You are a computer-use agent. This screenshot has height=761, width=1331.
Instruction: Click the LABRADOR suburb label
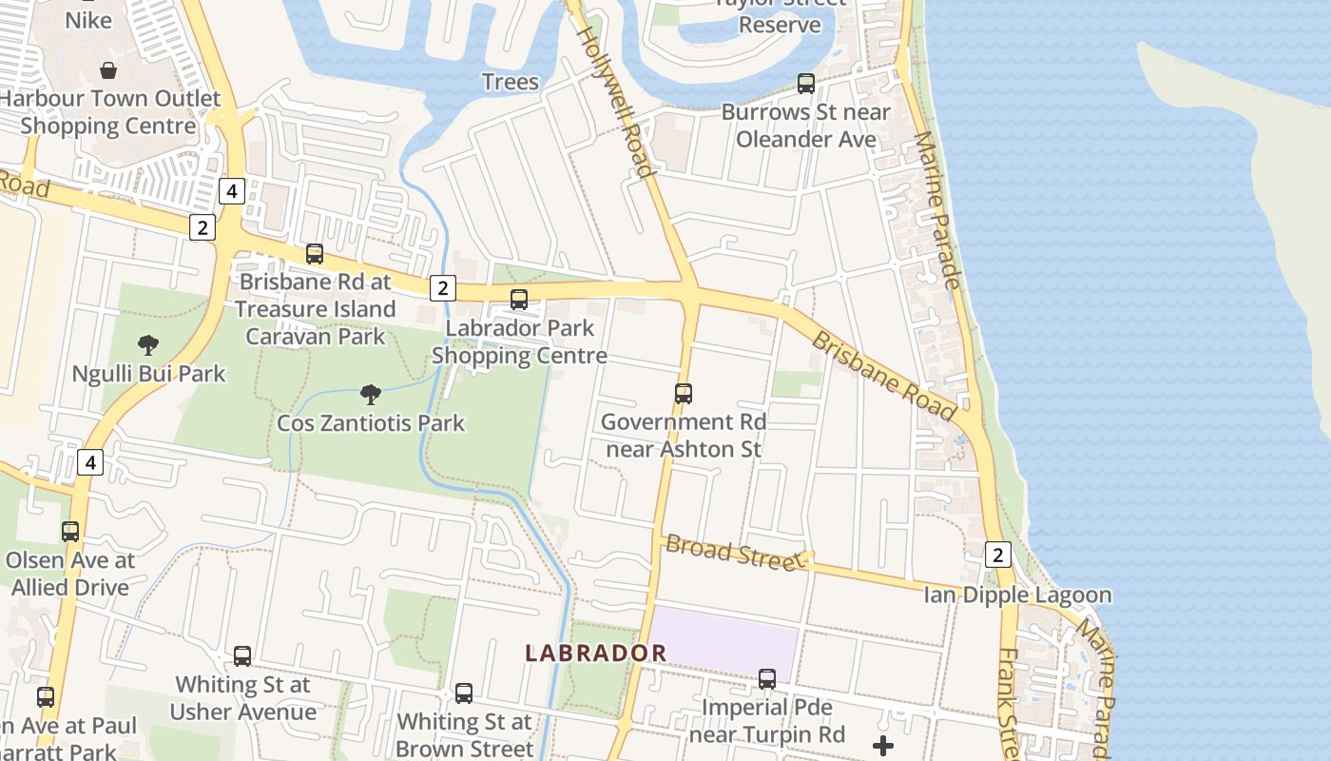[x=596, y=653]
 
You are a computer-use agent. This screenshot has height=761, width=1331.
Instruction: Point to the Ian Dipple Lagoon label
[x=1017, y=595]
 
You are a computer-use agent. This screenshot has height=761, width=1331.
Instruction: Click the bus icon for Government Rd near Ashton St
[x=683, y=393]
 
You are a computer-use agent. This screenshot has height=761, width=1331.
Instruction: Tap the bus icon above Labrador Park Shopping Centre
[x=519, y=300]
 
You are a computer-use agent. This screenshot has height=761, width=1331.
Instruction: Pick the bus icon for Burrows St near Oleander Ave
[x=806, y=84]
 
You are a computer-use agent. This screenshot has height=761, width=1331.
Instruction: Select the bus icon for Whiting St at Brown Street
[x=464, y=693]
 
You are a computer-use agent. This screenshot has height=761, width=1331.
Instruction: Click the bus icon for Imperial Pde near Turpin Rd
[x=767, y=679]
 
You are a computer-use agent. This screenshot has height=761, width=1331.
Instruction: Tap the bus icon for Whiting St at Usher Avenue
[x=242, y=656]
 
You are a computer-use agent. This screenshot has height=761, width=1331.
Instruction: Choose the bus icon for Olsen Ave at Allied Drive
[x=70, y=532]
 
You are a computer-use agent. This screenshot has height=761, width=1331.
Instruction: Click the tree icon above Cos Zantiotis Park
[x=371, y=394]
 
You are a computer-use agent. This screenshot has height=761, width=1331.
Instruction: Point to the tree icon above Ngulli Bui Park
[x=148, y=344]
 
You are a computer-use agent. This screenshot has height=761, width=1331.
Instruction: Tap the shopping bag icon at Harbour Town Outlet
[x=108, y=70]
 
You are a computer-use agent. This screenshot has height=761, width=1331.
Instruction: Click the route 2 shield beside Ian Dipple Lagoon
[x=996, y=555]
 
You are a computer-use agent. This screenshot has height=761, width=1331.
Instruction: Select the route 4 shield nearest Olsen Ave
[x=89, y=463]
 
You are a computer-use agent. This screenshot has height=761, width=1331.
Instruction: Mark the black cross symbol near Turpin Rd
[x=883, y=746]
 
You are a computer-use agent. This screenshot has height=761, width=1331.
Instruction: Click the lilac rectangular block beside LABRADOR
[x=723, y=645]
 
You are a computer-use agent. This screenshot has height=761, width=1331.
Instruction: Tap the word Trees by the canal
[x=511, y=82]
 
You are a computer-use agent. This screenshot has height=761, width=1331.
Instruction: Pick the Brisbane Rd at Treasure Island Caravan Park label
[x=316, y=309]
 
